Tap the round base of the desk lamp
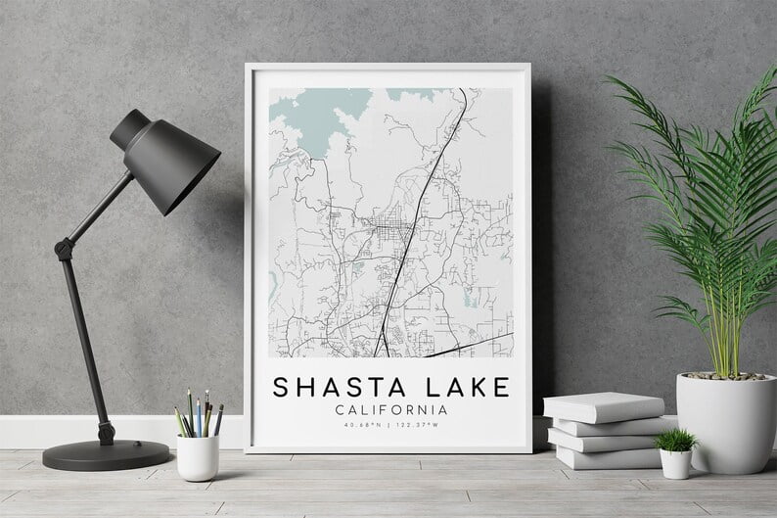(x=106, y=454)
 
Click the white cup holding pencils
(x=198, y=456)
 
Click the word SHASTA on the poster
(x=328, y=388)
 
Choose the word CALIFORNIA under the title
(x=390, y=410)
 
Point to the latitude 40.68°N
(x=361, y=426)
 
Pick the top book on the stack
(x=603, y=406)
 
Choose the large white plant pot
(x=725, y=421)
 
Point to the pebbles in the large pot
(x=725, y=376)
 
